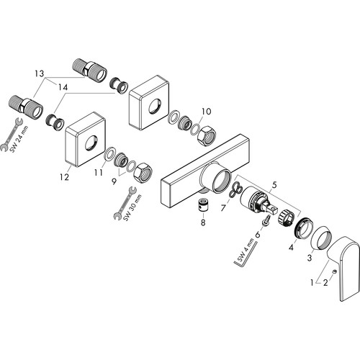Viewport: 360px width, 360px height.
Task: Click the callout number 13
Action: (x=40, y=73)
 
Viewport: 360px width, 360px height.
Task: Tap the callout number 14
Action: (x=63, y=87)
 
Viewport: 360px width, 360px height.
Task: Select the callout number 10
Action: (x=206, y=111)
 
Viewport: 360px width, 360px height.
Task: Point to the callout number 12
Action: (x=64, y=177)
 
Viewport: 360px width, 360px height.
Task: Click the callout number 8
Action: (x=203, y=222)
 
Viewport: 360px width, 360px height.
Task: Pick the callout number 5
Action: (x=274, y=185)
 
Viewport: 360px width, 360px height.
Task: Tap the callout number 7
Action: (x=223, y=208)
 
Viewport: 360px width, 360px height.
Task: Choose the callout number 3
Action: (x=310, y=258)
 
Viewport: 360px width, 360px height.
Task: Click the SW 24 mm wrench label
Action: (x=19, y=139)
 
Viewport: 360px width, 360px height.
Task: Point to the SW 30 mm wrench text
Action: (x=132, y=207)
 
